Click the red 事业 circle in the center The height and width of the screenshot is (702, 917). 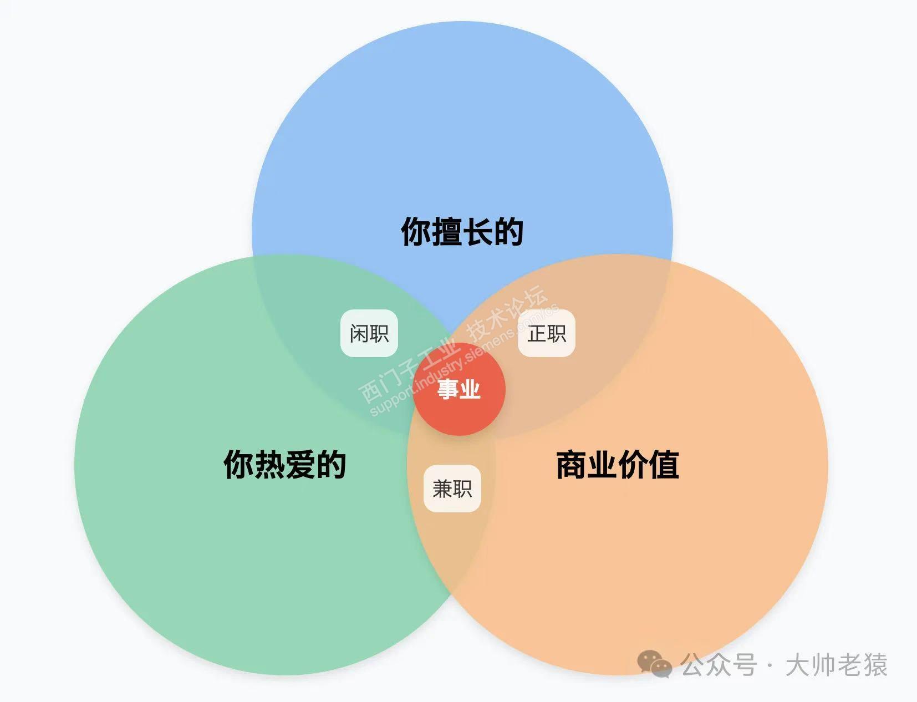(459, 389)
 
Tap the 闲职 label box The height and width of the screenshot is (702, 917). (369, 333)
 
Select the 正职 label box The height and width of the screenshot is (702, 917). (547, 333)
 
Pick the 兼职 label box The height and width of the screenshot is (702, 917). (452, 489)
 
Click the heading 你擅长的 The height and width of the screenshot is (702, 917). (462, 231)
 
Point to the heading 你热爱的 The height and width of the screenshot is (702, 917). (285, 464)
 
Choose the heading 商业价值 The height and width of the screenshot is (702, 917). (618, 464)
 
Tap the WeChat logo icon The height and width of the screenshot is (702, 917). (654, 664)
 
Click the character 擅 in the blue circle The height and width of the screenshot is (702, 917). (447, 231)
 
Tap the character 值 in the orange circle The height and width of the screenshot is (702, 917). (664, 464)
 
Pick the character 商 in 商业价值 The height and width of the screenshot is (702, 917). (572, 464)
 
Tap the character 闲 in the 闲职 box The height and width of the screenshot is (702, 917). (359, 333)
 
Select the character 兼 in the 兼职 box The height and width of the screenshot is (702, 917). (442, 489)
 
